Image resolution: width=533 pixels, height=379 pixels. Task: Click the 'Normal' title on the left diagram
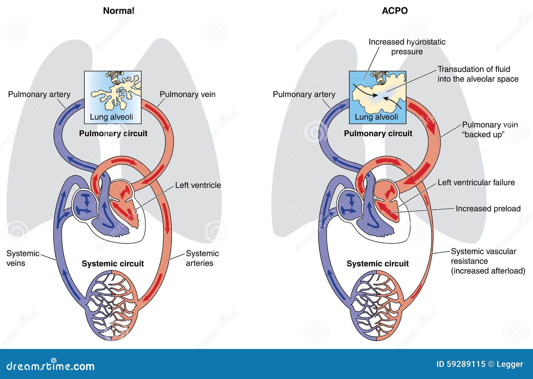point(118,11)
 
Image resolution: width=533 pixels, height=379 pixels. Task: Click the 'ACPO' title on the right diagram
point(394,11)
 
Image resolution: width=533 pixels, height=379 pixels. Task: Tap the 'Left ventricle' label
point(198,185)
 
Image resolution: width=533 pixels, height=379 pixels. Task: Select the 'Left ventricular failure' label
point(476,182)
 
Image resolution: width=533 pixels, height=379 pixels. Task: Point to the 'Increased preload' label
point(488,208)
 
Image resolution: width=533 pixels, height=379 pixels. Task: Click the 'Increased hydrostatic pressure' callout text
point(407,47)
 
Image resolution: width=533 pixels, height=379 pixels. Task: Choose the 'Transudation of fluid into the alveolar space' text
point(478,74)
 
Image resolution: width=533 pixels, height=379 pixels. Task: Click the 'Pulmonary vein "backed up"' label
point(489,129)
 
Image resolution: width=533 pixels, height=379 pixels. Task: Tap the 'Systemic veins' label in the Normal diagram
point(22,258)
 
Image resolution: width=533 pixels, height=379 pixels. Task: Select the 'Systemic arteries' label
point(202,258)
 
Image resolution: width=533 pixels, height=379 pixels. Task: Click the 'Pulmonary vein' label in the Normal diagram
point(187,94)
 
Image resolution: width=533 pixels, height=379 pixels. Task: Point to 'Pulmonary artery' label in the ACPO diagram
point(304,94)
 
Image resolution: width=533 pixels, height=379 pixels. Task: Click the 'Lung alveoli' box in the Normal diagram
point(113,97)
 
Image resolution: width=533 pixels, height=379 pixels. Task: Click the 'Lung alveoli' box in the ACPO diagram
point(377,97)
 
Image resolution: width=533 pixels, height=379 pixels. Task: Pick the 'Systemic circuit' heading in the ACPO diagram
point(377,264)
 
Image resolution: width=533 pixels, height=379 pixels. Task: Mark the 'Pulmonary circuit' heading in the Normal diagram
point(113,133)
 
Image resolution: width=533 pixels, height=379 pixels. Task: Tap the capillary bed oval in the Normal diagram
point(112,305)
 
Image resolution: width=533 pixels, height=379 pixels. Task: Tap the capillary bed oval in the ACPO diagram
point(377,305)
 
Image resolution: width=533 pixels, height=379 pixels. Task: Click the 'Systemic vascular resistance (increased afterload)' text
point(488,261)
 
